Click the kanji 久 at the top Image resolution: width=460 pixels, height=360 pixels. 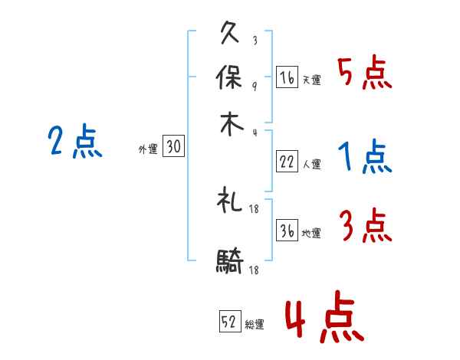pyautogui.click(x=231, y=34)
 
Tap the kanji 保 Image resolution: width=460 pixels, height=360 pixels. pyautogui.click(x=231, y=77)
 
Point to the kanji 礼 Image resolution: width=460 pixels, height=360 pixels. pyautogui.click(x=231, y=201)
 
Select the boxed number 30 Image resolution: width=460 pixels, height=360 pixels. pyautogui.click(x=173, y=149)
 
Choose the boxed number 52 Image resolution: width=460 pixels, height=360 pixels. pyautogui.click(x=230, y=322)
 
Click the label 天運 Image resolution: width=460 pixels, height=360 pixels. pyautogui.click(x=311, y=80)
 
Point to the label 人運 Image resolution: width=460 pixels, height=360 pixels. pyautogui.click(x=311, y=164)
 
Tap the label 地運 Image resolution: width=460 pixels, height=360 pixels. pyautogui.click(x=311, y=234)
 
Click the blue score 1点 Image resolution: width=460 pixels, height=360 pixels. pyautogui.click(x=365, y=157)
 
